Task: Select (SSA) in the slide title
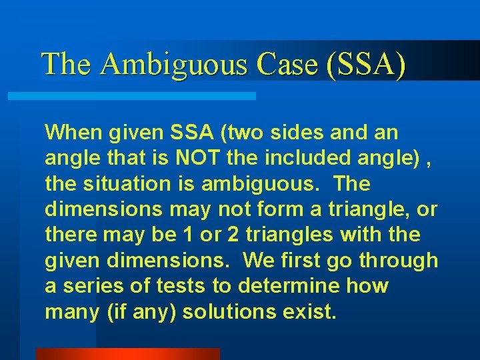point(366,64)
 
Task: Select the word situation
point(124,183)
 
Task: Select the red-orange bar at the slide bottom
point(127,354)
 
